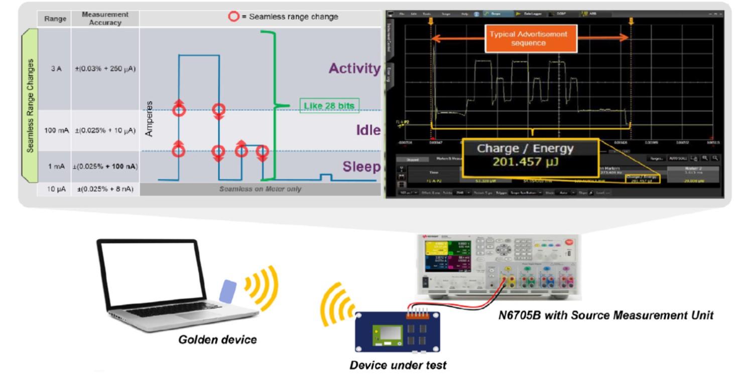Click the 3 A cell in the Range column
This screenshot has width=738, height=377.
coord(55,69)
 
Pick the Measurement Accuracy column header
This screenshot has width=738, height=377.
coord(105,19)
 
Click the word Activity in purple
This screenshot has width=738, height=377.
coord(354,69)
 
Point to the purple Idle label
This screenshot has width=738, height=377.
coord(368,131)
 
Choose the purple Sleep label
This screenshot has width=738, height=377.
coord(361,167)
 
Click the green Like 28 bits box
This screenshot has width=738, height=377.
coord(329,106)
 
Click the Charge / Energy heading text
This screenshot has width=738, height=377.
coord(525,149)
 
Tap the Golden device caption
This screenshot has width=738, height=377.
coord(217,340)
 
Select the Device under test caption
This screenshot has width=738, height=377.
coord(398,365)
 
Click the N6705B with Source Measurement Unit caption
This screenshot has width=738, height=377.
coord(605,316)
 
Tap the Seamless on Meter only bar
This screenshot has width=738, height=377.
coord(260,189)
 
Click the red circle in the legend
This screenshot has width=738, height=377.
coord(233,17)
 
